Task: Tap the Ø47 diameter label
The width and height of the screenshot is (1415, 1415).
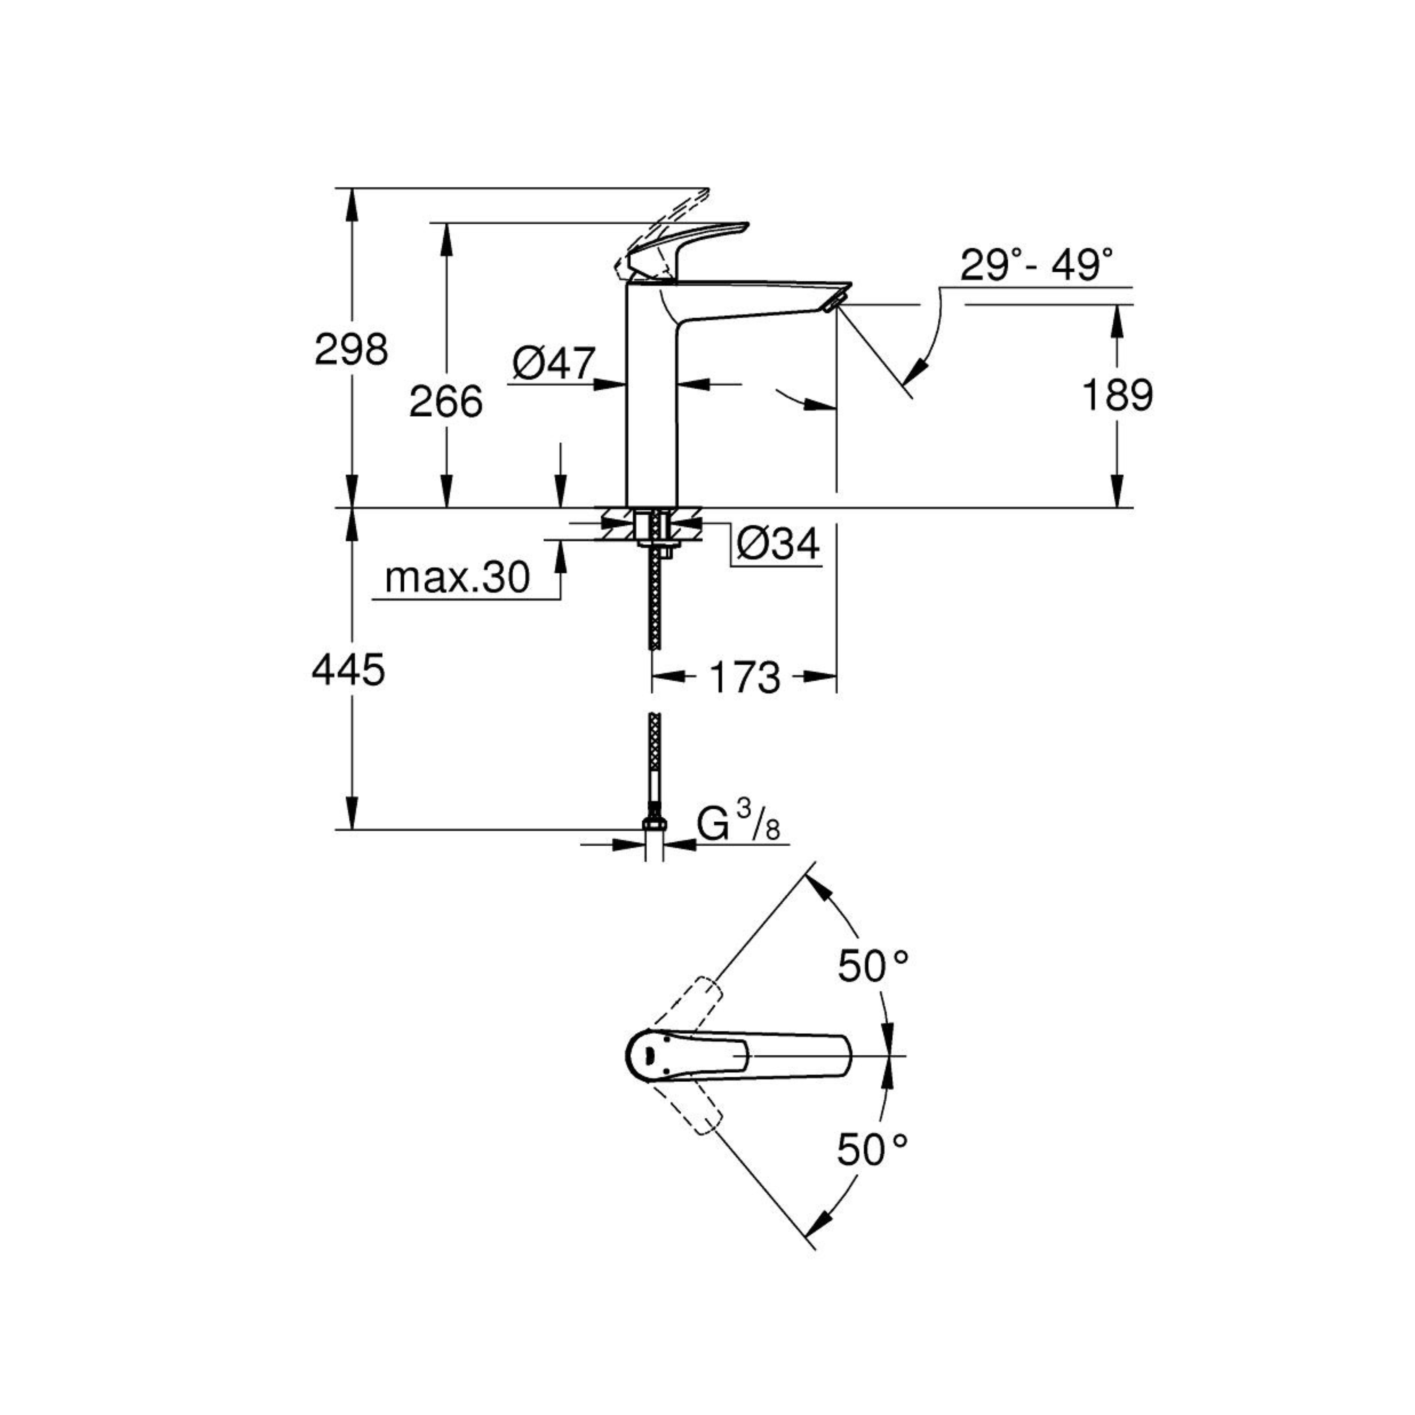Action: pyautogui.click(x=554, y=363)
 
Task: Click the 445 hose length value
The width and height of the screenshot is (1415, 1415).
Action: pyautogui.click(x=349, y=670)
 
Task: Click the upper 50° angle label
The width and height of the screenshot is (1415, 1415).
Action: pyautogui.click(x=873, y=965)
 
